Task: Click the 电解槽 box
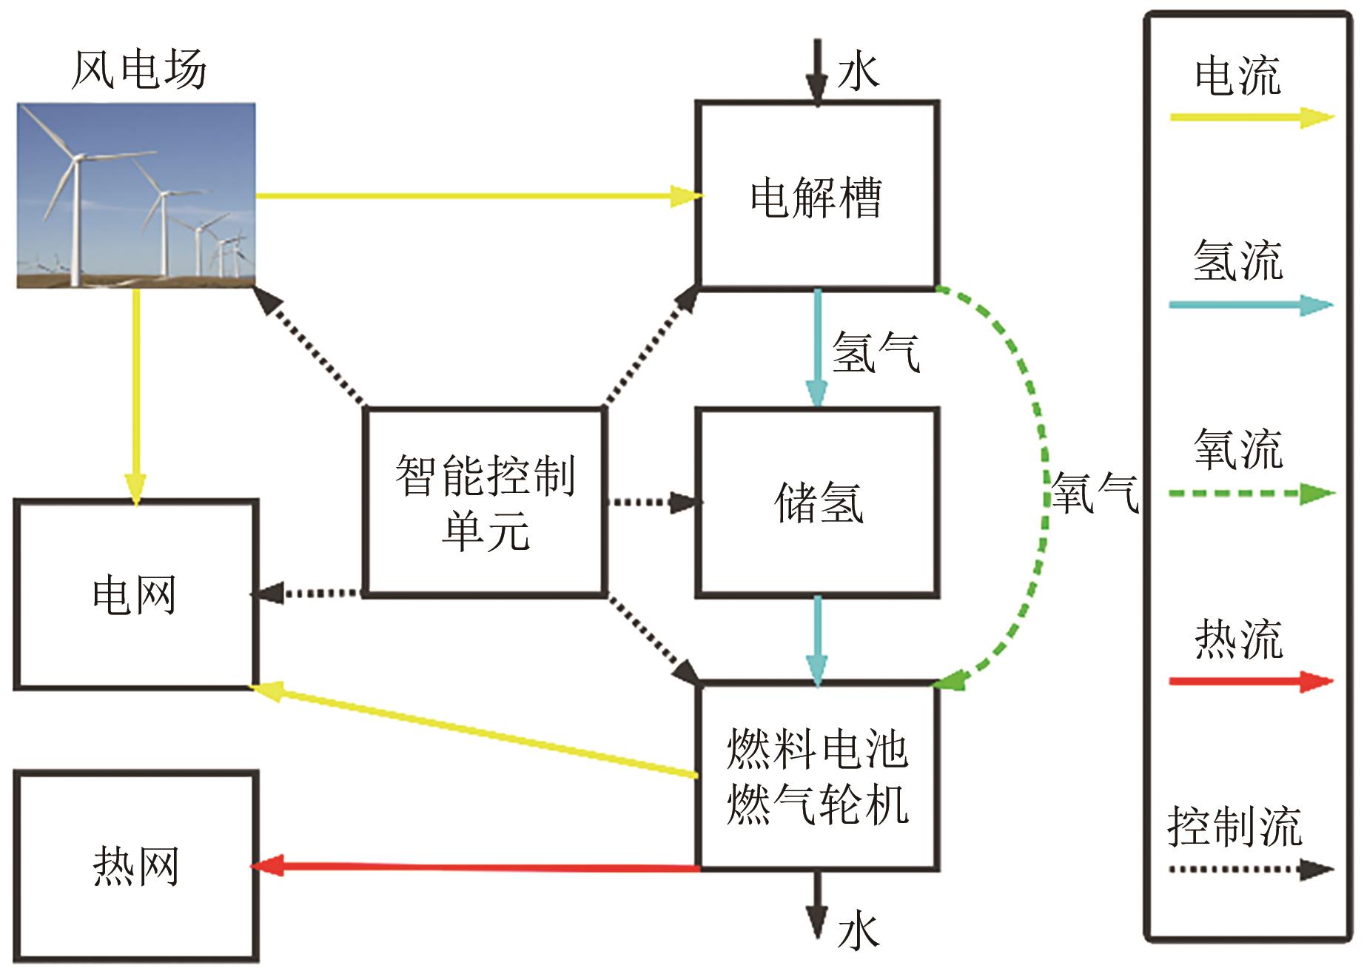click(817, 196)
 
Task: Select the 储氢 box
click(817, 502)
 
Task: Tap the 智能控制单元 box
click(485, 502)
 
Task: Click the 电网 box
click(135, 595)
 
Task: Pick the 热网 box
click(135, 866)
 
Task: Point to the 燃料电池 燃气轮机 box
click(817, 777)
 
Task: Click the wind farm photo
click(136, 195)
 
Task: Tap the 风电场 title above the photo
click(138, 70)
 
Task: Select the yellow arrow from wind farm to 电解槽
click(474, 196)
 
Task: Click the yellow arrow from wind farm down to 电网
click(135, 392)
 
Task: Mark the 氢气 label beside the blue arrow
click(876, 352)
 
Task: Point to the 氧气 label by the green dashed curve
click(1095, 493)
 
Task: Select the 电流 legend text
click(1237, 75)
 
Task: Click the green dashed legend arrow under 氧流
click(1251, 494)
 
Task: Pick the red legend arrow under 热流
click(1251, 681)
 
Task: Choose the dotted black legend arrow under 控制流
click(1251, 870)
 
